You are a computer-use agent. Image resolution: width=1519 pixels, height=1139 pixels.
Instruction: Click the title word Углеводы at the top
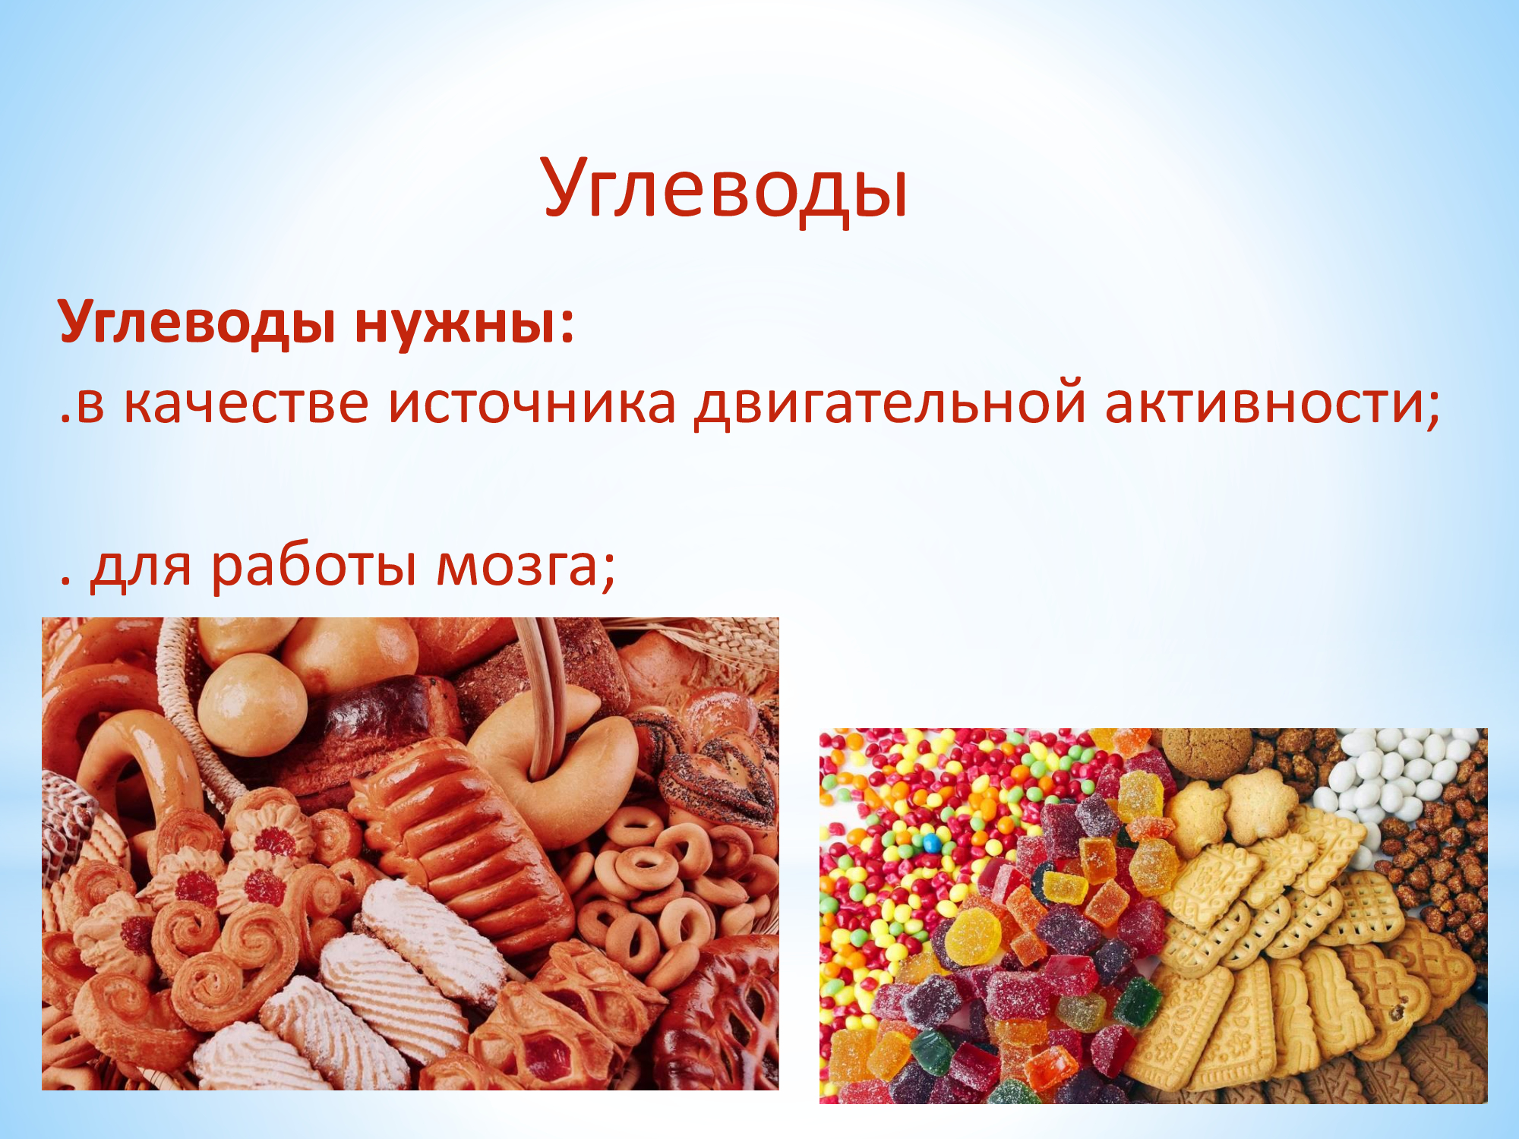click(x=725, y=188)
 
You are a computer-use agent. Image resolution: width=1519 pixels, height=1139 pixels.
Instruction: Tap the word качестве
click(x=246, y=403)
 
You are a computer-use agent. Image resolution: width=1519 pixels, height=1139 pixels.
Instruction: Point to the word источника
click(x=532, y=403)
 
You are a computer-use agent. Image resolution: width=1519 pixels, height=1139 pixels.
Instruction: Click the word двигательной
click(x=890, y=405)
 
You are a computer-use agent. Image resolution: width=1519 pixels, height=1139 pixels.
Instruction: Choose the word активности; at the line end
click(x=1272, y=404)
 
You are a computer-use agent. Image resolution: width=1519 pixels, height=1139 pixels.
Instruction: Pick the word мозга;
click(x=526, y=568)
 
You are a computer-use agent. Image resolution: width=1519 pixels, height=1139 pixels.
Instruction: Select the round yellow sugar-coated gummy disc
click(x=973, y=938)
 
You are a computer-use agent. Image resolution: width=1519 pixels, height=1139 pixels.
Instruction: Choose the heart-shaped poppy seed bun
click(x=718, y=778)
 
